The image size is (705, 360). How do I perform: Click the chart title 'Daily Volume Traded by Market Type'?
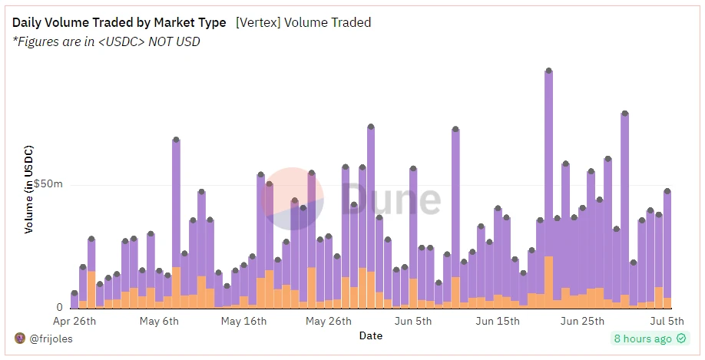click(119, 23)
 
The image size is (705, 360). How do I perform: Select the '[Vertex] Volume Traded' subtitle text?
click(303, 23)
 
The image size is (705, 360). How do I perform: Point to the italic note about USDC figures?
click(107, 41)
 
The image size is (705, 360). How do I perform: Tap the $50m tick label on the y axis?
click(48, 185)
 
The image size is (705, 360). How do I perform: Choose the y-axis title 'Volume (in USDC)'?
click(29, 188)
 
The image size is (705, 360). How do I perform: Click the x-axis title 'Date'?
click(370, 335)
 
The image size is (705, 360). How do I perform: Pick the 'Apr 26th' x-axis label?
click(74, 321)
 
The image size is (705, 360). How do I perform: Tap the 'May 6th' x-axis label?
click(159, 321)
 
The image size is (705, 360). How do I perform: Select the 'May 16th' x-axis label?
click(243, 321)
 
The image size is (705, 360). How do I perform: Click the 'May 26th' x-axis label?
click(328, 321)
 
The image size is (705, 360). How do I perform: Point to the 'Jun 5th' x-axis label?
click(412, 321)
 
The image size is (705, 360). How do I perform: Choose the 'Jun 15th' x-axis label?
click(497, 321)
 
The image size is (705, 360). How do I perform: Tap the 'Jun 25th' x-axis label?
click(581, 321)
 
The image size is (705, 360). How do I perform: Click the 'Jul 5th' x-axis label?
click(666, 321)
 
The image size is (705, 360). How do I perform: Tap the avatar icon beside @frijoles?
click(20, 339)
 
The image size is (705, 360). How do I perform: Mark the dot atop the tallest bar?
click(548, 71)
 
